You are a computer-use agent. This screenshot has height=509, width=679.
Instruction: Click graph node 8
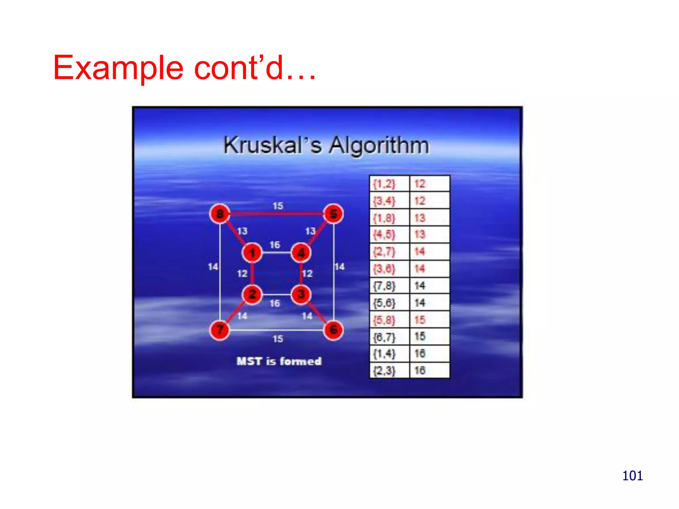[x=220, y=214]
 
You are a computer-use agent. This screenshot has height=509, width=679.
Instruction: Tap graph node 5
[x=333, y=214]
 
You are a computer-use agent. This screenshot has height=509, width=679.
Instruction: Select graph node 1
[x=252, y=253]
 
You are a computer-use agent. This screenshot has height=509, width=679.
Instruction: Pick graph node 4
[x=301, y=253]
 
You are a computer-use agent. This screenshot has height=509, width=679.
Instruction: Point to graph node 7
[x=220, y=330]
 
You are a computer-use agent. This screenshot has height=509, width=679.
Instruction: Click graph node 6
[x=333, y=330]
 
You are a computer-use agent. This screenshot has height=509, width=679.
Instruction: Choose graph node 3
[x=301, y=294]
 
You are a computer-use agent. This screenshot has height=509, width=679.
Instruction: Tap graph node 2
[x=252, y=294]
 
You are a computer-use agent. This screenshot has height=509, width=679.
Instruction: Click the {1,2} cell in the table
[x=389, y=184]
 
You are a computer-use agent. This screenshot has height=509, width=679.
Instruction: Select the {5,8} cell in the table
[x=389, y=320]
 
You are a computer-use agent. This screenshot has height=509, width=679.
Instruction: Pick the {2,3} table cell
[x=389, y=370]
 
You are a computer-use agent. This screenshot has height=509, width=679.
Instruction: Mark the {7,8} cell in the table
[x=389, y=286]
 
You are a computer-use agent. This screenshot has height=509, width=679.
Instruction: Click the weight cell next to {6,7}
[x=429, y=337]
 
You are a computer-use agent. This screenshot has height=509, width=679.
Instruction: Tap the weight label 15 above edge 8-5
[x=278, y=206]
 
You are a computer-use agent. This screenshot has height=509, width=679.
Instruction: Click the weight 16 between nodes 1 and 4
[x=275, y=245]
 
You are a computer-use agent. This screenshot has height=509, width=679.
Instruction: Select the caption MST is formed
[x=279, y=361]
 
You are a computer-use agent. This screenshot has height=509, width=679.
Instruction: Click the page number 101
[x=632, y=476]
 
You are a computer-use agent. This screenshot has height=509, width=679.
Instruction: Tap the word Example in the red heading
[x=118, y=68]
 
